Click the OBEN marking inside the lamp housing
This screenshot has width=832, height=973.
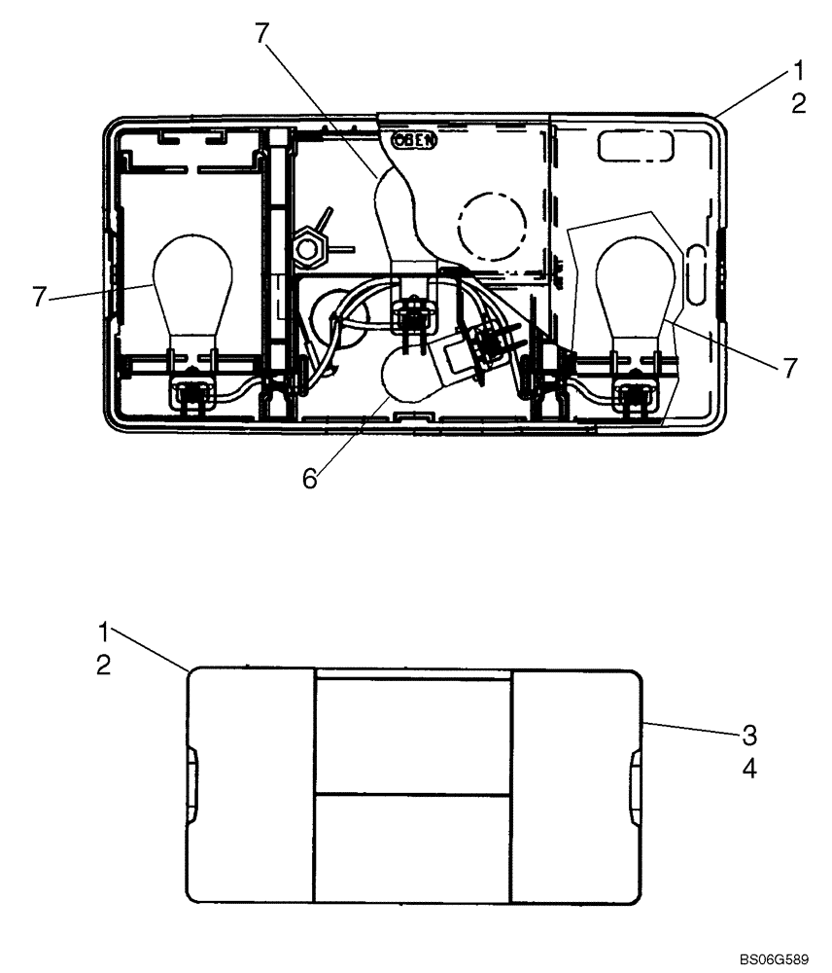415,140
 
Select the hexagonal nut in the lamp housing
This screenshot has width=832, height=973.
309,250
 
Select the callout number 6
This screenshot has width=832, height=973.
310,480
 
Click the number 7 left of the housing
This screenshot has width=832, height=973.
40,298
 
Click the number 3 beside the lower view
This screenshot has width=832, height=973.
748,735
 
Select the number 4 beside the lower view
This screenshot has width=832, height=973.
748,769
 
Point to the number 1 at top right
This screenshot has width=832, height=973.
798,70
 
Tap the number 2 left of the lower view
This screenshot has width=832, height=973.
103,666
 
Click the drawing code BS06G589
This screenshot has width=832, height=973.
773,960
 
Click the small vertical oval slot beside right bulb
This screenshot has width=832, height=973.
695,271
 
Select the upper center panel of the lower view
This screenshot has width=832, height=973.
413,735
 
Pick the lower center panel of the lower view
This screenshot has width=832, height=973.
413,847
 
